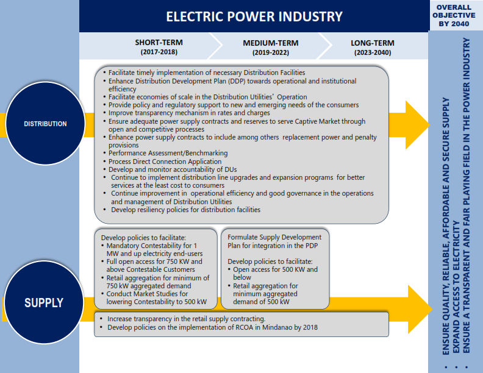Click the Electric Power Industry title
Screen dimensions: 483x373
click(x=254, y=16)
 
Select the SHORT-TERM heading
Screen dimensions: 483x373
click(x=159, y=43)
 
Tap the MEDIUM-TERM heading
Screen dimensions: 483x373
click(x=270, y=43)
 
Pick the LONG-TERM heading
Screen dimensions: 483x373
click(x=373, y=43)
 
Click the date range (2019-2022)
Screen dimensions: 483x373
click(x=270, y=52)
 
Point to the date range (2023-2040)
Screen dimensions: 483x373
click(x=373, y=52)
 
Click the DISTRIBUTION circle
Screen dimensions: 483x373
click(x=45, y=123)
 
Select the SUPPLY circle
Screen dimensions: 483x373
click(x=44, y=302)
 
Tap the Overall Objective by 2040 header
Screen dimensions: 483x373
click(x=454, y=15)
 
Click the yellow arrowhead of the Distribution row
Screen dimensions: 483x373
click(x=416, y=125)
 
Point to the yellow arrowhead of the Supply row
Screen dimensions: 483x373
click(x=419, y=310)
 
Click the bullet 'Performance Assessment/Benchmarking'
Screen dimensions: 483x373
click(x=168, y=153)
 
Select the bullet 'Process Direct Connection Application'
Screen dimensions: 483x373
click(x=165, y=162)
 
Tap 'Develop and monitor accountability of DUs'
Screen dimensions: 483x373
click(x=173, y=169)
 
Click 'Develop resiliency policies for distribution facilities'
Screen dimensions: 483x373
click(x=185, y=210)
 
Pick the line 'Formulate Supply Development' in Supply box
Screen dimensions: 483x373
click(x=274, y=237)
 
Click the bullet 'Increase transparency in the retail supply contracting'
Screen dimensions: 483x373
click(x=186, y=319)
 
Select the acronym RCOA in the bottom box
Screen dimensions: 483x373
click(x=244, y=327)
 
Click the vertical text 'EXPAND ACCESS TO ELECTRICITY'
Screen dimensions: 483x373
click(x=456, y=287)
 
